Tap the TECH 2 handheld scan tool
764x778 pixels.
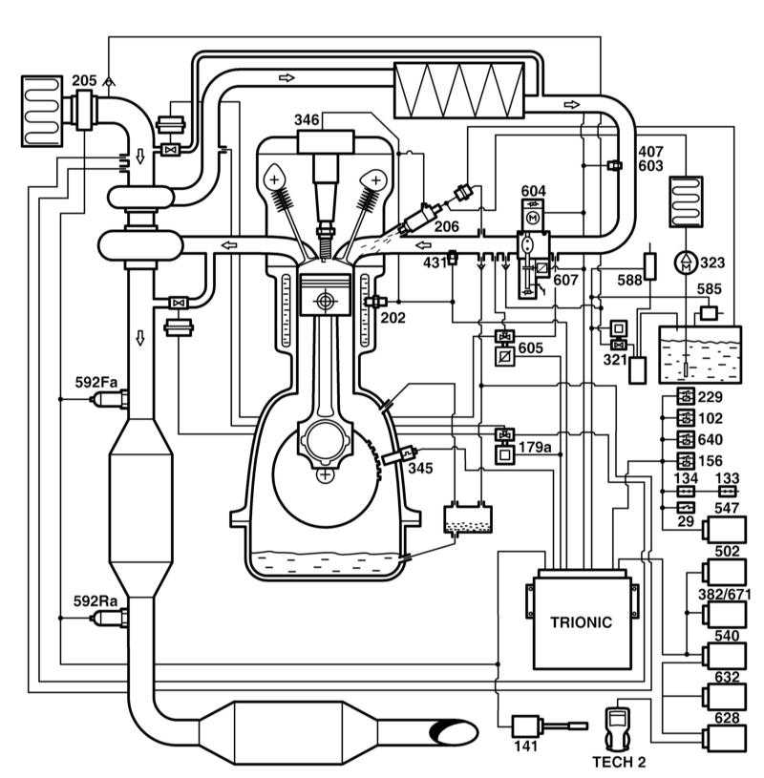618,726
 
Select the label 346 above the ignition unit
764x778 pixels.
307,119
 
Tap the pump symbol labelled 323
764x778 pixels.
686,262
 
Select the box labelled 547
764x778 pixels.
724,530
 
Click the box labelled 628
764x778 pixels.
724,738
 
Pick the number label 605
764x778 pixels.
530,347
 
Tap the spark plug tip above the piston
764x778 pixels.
325,257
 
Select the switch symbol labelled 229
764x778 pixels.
686,397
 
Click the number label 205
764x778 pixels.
84,80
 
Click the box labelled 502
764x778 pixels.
724,572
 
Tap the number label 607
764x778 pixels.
565,281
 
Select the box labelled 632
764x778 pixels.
724,697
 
